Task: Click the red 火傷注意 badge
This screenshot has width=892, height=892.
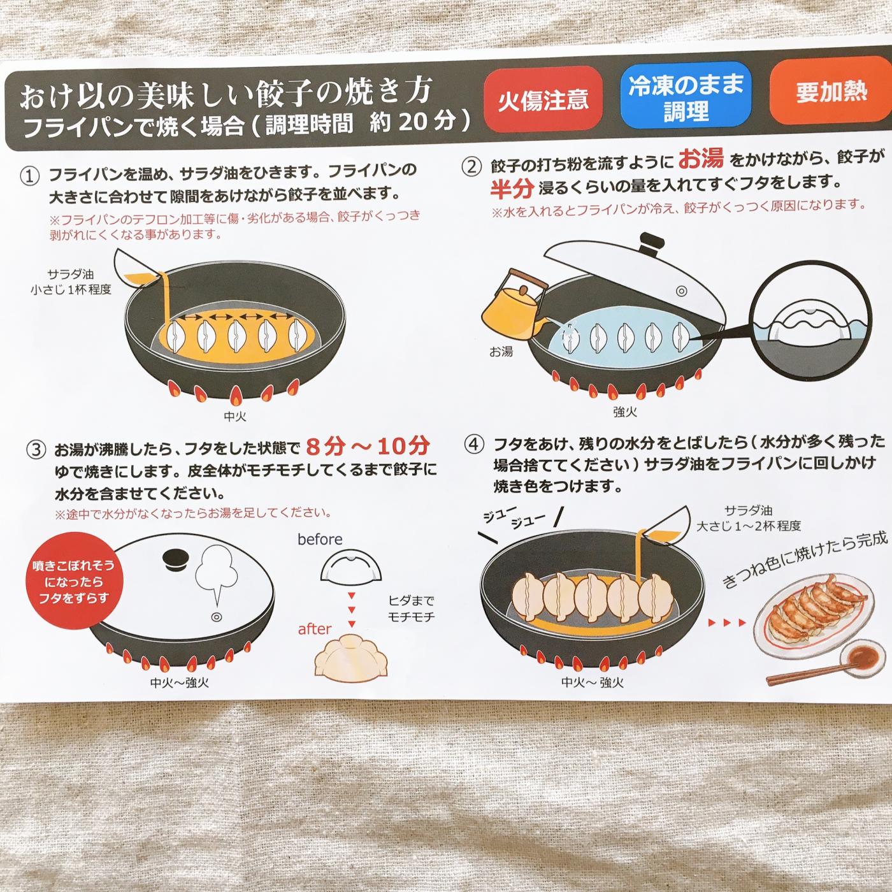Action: (x=542, y=99)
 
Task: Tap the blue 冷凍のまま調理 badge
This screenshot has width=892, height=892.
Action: (x=686, y=96)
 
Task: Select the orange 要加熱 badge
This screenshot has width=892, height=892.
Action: (x=830, y=90)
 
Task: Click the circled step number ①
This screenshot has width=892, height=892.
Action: (x=30, y=176)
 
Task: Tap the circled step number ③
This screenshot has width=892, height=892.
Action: (x=36, y=450)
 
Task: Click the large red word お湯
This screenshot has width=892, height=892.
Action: (x=701, y=159)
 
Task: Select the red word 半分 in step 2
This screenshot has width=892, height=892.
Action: (x=512, y=187)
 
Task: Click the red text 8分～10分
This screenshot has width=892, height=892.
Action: (x=368, y=446)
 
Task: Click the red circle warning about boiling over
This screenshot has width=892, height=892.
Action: (x=73, y=582)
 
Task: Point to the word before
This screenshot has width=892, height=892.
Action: (x=320, y=540)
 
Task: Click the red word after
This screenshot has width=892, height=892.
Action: (x=315, y=629)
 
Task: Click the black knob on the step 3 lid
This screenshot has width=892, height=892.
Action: (x=176, y=557)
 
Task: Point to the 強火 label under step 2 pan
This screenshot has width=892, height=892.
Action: (x=625, y=412)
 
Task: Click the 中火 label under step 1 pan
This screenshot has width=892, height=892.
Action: (x=235, y=416)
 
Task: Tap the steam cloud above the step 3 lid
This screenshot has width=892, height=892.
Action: (x=216, y=575)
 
